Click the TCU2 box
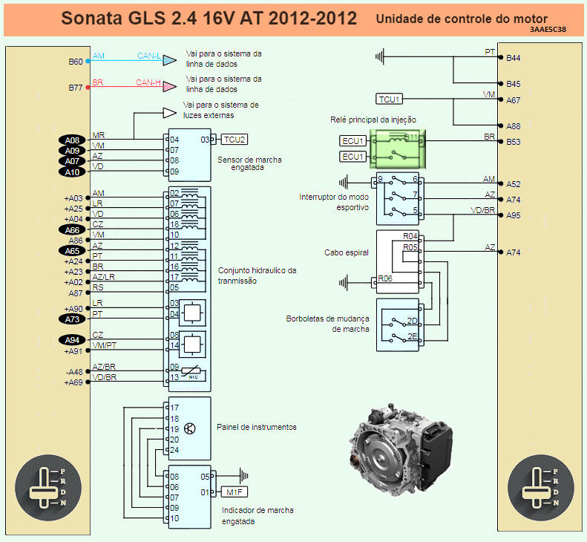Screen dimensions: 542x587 pyautogui.click(x=234, y=140)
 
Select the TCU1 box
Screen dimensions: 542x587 pyautogui.click(x=390, y=99)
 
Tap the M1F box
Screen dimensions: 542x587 pyautogui.click(x=234, y=492)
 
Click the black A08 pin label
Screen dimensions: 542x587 pyautogui.click(x=72, y=140)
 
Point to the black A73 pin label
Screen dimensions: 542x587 pyautogui.click(x=72, y=319)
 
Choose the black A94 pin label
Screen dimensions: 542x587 pyautogui.click(x=72, y=340)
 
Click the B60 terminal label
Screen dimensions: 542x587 pyautogui.click(x=75, y=62)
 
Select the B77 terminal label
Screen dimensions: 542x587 pyautogui.click(x=75, y=88)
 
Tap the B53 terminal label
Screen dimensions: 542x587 pyautogui.click(x=514, y=142)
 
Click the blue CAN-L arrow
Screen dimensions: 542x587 pyautogui.click(x=170, y=59)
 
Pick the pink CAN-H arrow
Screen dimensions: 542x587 pyautogui.click(x=170, y=85)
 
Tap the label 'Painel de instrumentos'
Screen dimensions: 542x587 pyautogui.click(x=256, y=427)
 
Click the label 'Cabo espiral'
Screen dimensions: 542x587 pyautogui.click(x=347, y=252)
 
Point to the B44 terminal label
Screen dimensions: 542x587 pyautogui.click(x=514, y=58)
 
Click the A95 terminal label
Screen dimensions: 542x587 pyautogui.click(x=514, y=215)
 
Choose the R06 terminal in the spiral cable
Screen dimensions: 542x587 pyautogui.click(x=385, y=278)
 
